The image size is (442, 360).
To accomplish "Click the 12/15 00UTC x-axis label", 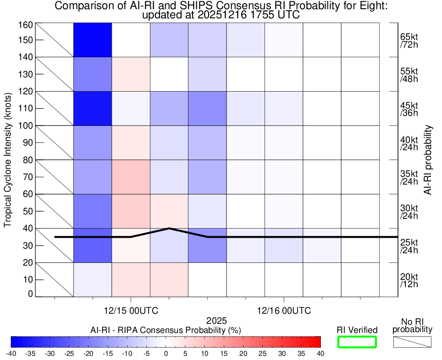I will click(131, 311).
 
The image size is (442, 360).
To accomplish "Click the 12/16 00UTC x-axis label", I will click(284, 311).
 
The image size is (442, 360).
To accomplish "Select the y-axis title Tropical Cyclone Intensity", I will click(8, 159).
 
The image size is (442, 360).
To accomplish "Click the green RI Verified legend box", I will click(357, 342).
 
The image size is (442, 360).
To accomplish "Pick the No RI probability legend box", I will click(412, 342).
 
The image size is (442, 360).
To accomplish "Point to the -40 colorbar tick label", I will click(11, 354).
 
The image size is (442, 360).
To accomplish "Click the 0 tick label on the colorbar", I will click(166, 354).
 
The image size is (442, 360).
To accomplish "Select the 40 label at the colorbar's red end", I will click(320, 354).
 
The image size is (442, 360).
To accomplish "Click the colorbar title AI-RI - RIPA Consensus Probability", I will click(166, 330).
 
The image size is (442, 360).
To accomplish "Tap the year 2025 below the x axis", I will click(216, 321).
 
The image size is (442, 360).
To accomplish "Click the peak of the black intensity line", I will click(169, 228).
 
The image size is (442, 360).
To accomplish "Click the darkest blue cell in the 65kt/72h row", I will click(93, 40).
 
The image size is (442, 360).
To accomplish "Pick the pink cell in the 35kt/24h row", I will click(131, 177).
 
